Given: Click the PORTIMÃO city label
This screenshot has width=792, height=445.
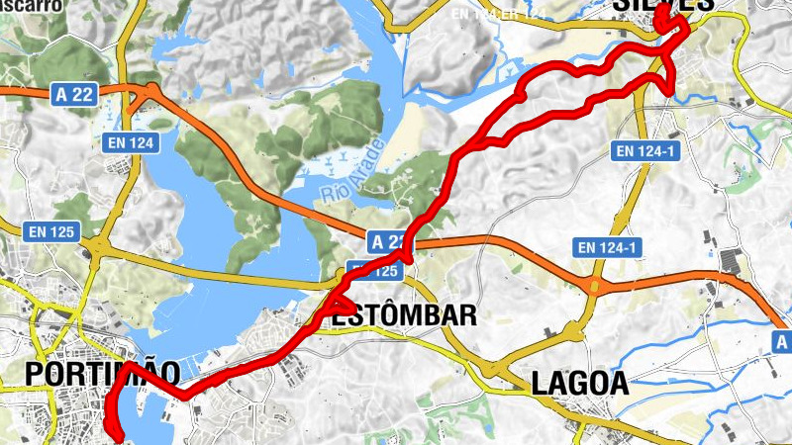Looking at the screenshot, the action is pyautogui.click(x=103, y=375).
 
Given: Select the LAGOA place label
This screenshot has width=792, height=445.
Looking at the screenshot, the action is pyautogui.click(x=579, y=384).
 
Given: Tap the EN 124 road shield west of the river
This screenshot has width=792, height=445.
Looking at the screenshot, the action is pyautogui.click(x=130, y=143).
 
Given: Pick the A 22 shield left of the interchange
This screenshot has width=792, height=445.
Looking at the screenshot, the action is pyautogui.click(x=74, y=93).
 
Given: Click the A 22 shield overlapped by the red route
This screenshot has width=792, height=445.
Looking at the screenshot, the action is pyautogui.click(x=387, y=241).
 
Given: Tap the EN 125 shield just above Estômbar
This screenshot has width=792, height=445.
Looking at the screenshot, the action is pyautogui.click(x=370, y=271).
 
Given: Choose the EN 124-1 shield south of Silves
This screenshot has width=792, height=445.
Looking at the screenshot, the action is pyautogui.click(x=644, y=151).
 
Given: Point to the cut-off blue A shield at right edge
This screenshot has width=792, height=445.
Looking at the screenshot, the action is pyautogui.click(x=782, y=342).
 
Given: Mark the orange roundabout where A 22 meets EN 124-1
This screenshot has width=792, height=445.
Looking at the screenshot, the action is pyautogui.click(x=594, y=287).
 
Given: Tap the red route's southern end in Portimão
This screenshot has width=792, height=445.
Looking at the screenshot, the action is pyautogui.click(x=118, y=436).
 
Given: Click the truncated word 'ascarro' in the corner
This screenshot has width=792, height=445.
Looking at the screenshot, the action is pyautogui.click(x=35, y=5).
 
